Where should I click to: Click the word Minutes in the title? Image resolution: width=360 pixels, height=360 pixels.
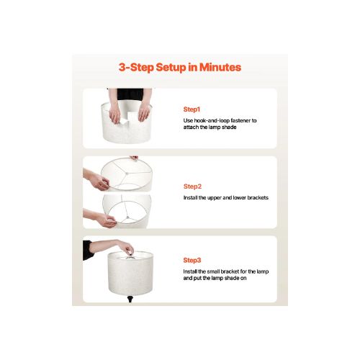pyautogui.click(x=220, y=67)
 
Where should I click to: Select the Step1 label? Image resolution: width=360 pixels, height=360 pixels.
pyautogui.click(x=192, y=109)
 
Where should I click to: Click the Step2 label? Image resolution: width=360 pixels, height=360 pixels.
pyautogui.click(x=192, y=186)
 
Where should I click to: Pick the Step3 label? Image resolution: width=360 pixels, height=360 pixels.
pyautogui.click(x=192, y=260)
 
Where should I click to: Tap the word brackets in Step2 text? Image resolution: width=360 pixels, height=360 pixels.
pyautogui.click(x=258, y=198)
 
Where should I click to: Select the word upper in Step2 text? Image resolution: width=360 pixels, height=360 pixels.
pyautogui.click(x=215, y=198)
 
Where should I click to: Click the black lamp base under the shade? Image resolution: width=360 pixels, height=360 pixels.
pyautogui.click(x=130, y=299)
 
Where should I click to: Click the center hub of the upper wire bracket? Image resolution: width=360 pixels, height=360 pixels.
pyautogui.click(x=127, y=173)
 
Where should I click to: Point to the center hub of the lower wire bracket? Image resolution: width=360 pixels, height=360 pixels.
pyautogui.click(x=128, y=217)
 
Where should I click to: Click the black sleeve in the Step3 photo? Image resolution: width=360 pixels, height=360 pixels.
pyautogui.click(x=87, y=251)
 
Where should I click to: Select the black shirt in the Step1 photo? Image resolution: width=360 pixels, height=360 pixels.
pyautogui.click(x=130, y=94)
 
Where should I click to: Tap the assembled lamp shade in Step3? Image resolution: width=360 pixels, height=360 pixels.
pyautogui.click(x=130, y=274)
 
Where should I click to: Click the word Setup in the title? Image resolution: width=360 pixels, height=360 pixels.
pyautogui.click(x=171, y=68)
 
